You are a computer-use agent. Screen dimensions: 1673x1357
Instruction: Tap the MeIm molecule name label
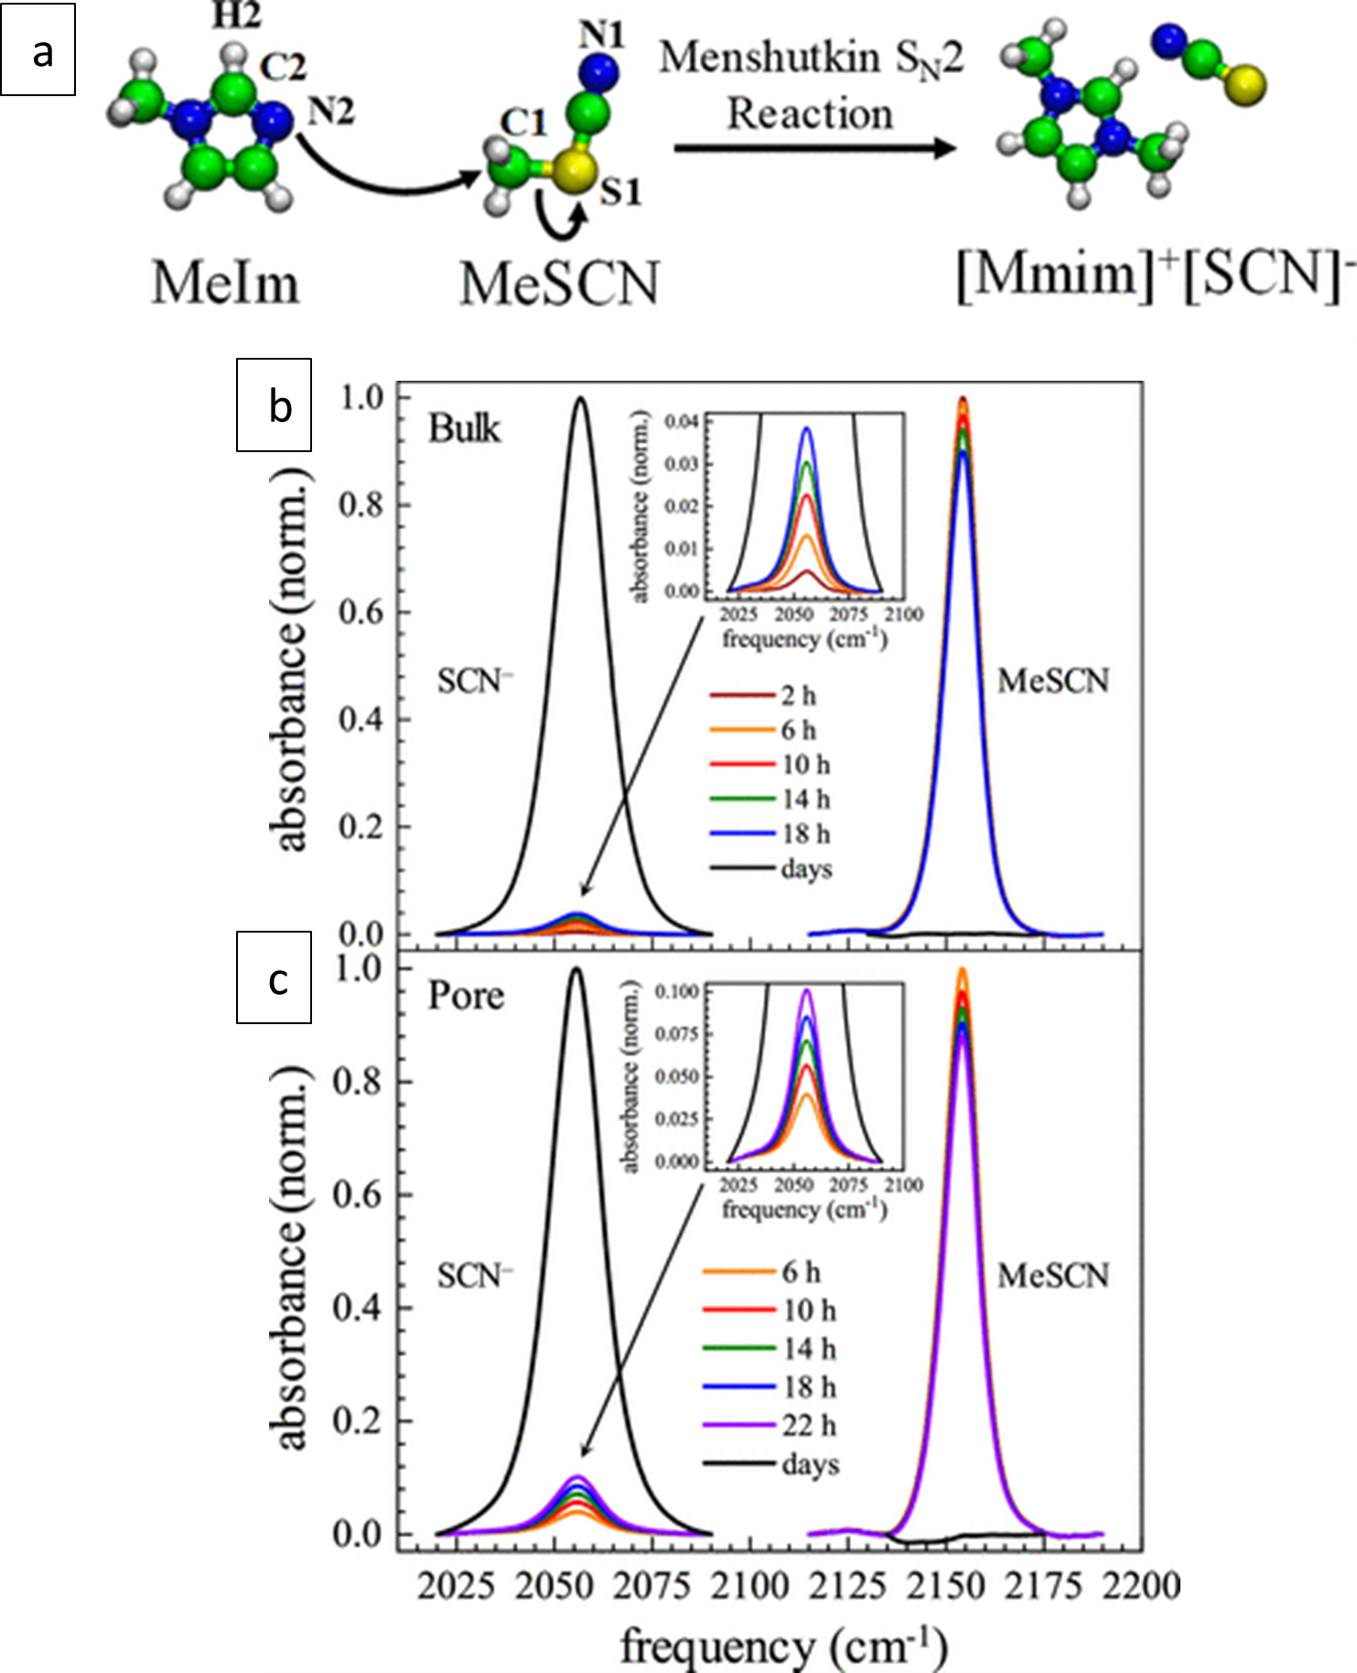click(x=225, y=282)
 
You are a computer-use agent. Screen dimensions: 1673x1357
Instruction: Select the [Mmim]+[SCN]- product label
click(x=1154, y=274)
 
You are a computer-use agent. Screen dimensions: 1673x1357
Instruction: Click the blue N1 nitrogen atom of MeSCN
click(x=598, y=70)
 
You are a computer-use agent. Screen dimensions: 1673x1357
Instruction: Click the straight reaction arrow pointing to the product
click(x=814, y=147)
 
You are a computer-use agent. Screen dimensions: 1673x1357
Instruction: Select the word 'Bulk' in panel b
click(x=465, y=428)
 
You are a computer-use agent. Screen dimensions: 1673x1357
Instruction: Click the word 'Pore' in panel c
click(x=466, y=996)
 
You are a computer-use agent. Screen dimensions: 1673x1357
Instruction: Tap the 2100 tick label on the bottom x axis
click(x=751, y=1584)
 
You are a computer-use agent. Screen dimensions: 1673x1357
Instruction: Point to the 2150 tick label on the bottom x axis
click(x=947, y=1584)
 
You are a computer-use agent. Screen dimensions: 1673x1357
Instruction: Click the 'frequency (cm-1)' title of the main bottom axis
click(x=784, y=1645)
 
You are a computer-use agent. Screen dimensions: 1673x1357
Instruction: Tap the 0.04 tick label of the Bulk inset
click(x=681, y=422)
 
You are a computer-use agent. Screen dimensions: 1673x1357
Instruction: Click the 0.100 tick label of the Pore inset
click(x=677, y=991)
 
